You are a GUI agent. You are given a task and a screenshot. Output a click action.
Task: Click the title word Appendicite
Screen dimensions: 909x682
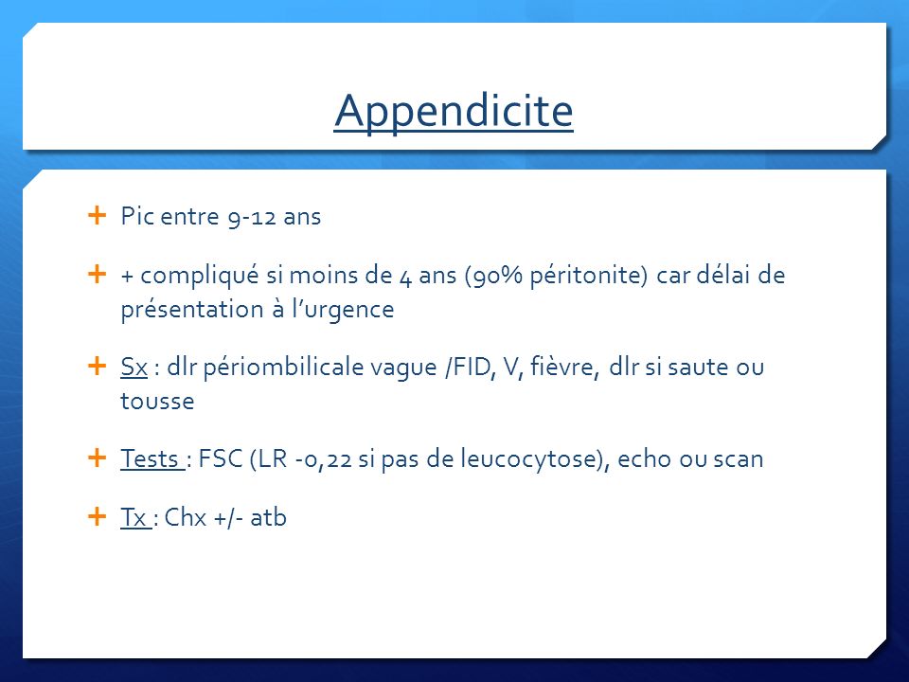(454, 111)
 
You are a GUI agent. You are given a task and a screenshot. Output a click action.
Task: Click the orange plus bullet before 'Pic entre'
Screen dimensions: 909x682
(97, 215)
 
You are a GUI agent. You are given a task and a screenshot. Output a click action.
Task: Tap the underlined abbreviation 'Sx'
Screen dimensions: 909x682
(134, 368)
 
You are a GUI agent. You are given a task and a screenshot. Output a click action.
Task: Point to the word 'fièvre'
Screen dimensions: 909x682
(562, 368)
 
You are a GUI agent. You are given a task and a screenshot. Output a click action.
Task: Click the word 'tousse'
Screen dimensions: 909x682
(157, 402)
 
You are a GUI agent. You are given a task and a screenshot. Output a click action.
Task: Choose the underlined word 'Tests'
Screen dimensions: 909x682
(151, 459)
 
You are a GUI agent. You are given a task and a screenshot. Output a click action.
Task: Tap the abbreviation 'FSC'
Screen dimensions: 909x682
(221, 458)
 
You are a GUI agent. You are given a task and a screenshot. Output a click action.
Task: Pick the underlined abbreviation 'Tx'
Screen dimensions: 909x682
(134, 517)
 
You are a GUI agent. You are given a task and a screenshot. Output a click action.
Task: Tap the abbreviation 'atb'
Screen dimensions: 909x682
(268, 517)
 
